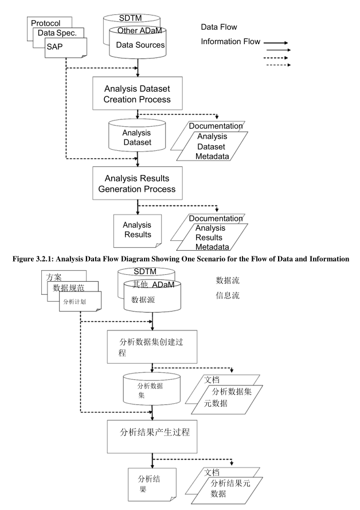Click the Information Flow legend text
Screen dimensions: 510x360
[x=230, y=41]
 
